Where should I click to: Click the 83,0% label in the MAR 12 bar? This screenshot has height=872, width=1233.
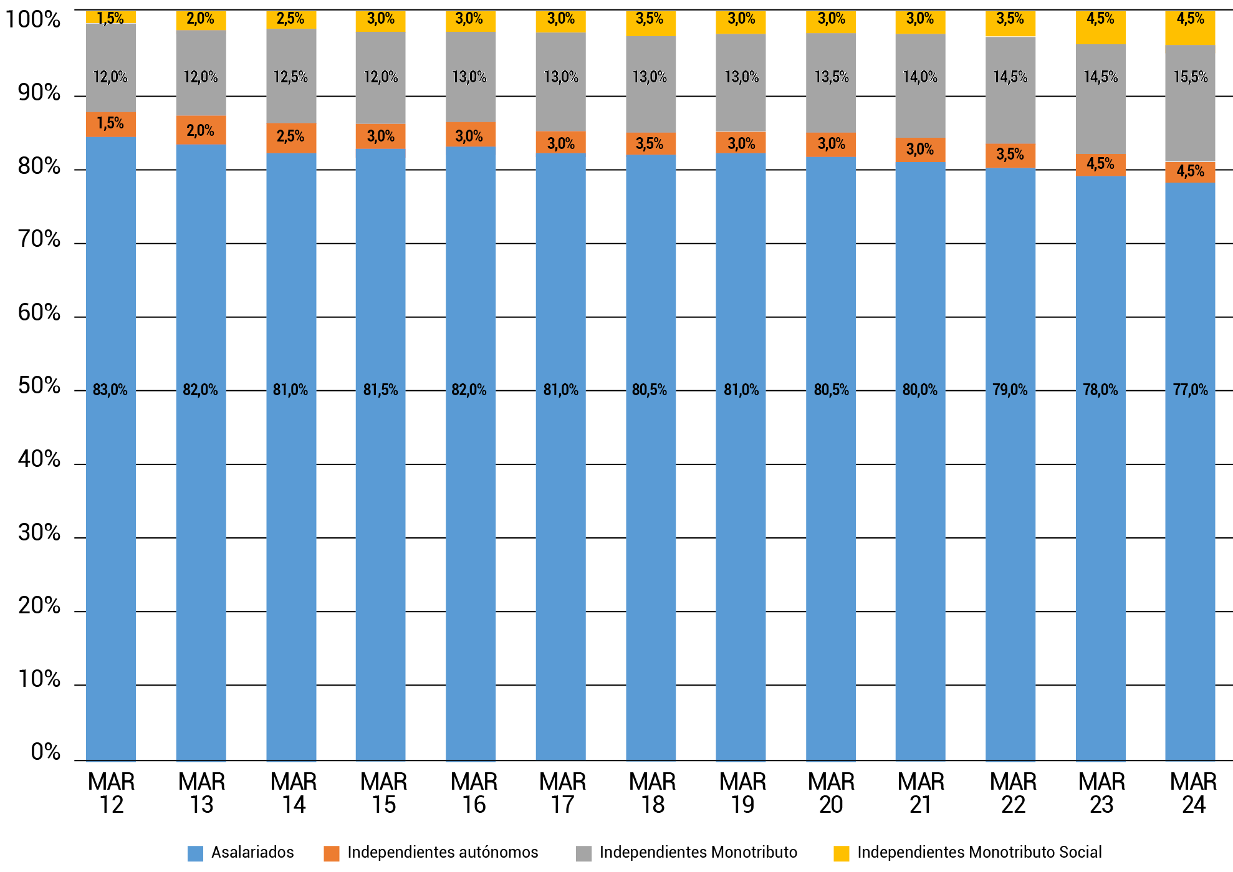tap(110, 390)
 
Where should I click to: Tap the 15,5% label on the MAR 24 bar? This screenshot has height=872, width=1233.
tap(1190, 77)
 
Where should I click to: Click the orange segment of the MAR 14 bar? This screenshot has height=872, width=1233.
tap(291, 138)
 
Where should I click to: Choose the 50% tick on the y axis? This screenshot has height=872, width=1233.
tap(39, 386)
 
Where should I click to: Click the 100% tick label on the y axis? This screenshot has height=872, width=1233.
tap(33, 19)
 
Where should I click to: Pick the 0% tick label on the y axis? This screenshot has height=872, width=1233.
tap(46, 752)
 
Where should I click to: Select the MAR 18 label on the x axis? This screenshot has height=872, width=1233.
tap(653, 793)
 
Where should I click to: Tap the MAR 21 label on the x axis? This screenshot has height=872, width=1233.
tap(921, 793)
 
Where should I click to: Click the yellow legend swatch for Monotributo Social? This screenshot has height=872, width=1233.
tap(841, 853)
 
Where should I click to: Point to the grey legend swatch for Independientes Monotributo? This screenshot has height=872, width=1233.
tap(583, 853)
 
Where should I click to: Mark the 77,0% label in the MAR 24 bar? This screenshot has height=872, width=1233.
tap(1190, 390)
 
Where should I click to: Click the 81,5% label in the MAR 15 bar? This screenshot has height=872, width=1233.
tap(380, 390)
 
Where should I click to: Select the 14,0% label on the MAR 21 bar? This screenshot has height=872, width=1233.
tap(920, 77)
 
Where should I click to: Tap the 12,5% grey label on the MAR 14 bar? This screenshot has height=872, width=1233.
tap(290, 77)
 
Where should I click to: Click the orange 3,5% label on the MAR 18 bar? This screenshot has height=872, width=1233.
tap(650, 144)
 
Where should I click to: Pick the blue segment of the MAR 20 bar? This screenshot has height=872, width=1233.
tap(830, 499)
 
